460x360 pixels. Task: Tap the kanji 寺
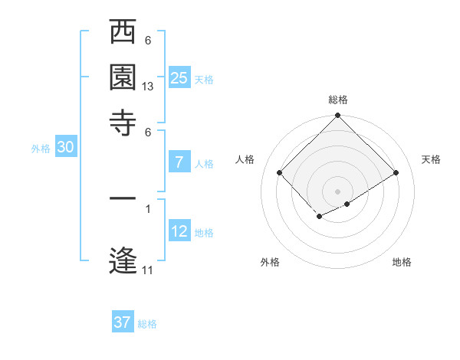tap(123, 119)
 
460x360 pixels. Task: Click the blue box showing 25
tap(179, 78)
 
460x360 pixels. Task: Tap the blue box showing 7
tap(179, 162)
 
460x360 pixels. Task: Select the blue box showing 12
tap(179, 231)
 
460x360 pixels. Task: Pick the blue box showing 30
tap(64, 148)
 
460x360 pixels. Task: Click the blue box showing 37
tap(123, 322)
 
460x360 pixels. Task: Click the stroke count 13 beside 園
tap(148, 87)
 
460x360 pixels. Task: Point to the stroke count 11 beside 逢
tap(148, 270)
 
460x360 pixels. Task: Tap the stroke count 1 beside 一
tap(148, 208)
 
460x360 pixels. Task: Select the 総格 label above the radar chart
tap(338, 100)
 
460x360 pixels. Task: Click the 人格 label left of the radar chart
tap(245, 159)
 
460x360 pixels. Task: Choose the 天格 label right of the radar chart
tap(431, 159)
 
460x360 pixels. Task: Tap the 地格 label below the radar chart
tap(402, 262)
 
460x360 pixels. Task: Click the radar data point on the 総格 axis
tap(337, 116)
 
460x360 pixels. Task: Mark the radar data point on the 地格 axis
tap(347, 204)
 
